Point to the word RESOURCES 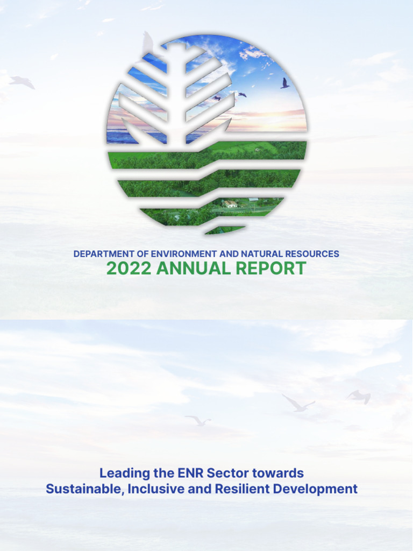pos(312,253)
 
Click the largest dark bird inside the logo pos(284,83)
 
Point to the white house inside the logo pos(230,204)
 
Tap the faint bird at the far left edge pos(22,82)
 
